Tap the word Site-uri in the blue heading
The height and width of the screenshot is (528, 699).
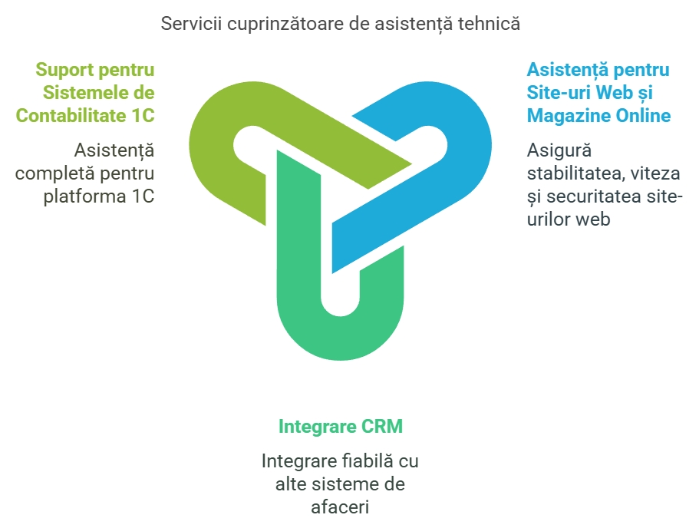(x=559, y=93)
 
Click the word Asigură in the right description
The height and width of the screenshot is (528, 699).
(x=559, y=151)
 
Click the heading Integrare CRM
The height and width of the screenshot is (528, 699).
(x=341, y=427)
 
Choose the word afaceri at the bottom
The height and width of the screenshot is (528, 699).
(x=340, y=507)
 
